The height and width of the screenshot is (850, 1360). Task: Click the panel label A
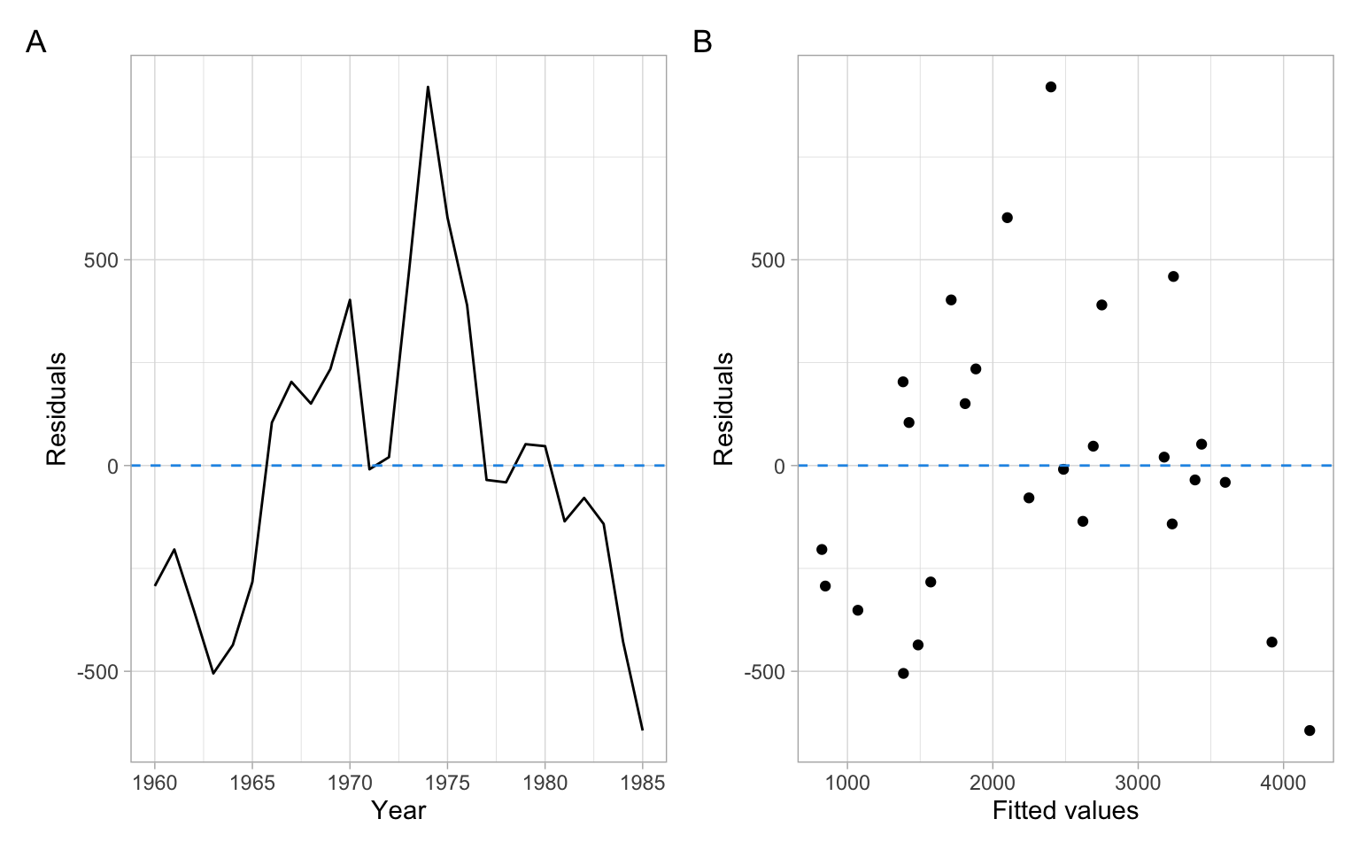pyautogui.click(x=35, y=42)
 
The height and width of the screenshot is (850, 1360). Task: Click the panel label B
pyautogui.click(x=702, y=42)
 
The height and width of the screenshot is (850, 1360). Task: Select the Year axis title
pyautogui.click(x=398, y=810)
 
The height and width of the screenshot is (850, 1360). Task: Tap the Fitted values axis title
pyautogui.click(x=1065, y=810)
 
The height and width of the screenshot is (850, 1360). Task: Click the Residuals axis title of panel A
pyautogui.click(x=57, y=408)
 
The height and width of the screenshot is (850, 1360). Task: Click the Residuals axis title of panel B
pyautogui.click(x=723, y=408)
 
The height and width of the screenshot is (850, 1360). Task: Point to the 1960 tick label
pyautogui.click(x=155, y=783)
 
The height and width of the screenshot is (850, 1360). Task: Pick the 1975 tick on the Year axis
pyautogui.click(x=447, y=783)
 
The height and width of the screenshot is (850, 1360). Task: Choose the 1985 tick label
pyautogui.click(x=642, y=783)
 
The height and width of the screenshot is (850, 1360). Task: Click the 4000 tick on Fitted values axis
pyautogui.click(x=1282, y=783)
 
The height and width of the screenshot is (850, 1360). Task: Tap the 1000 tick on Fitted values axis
pyautogui.click(x=847, y=783)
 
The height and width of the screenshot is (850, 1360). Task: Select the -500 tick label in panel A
pyautogui.click(x=97, y=672)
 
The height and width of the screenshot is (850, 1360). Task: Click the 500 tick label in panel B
pyautogui.click(x=768, y=260)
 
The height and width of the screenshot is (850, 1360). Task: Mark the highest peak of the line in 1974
pyautogui.click(x=428, y=87)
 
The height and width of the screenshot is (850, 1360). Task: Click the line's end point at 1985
pyautogui.click(x=642, y=730)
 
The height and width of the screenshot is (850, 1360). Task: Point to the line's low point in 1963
pyautogui.click(x=213, y=673)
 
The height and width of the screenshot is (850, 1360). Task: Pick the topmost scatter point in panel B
pyautogui.click(x=1051, y=87)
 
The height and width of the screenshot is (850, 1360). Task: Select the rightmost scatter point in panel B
pyautogui.click(x=1310, y=730)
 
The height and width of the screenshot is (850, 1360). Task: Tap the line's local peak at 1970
pyautogui.click(x=350, y=299)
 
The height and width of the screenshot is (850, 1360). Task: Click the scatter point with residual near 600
pyautogui.click(x=1007, y=218)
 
